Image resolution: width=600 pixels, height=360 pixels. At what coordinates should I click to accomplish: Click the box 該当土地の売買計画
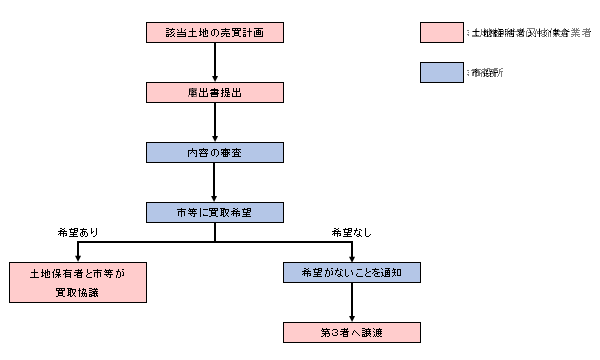(215, 33)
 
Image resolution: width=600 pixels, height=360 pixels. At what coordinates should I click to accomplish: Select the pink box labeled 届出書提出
(215, 92)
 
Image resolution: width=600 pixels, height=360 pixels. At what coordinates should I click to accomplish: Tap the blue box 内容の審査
(215, 153)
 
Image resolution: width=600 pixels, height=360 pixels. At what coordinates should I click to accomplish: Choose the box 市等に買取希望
(215, 212)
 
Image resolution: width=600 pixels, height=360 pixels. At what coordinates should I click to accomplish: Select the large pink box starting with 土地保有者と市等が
(79, 282)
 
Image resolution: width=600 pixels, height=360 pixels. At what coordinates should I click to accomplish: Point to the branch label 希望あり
(79, 232)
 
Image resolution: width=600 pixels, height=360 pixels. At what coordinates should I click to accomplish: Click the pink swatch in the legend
(440, 33)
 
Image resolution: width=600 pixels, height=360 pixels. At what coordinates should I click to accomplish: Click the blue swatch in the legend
(440, 72)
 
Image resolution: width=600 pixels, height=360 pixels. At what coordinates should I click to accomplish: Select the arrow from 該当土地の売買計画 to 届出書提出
(215, 62)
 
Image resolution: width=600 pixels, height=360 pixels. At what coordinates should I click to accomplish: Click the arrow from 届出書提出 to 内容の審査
(215, 122)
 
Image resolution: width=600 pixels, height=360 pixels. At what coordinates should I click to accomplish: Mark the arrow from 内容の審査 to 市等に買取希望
(215, 182)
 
